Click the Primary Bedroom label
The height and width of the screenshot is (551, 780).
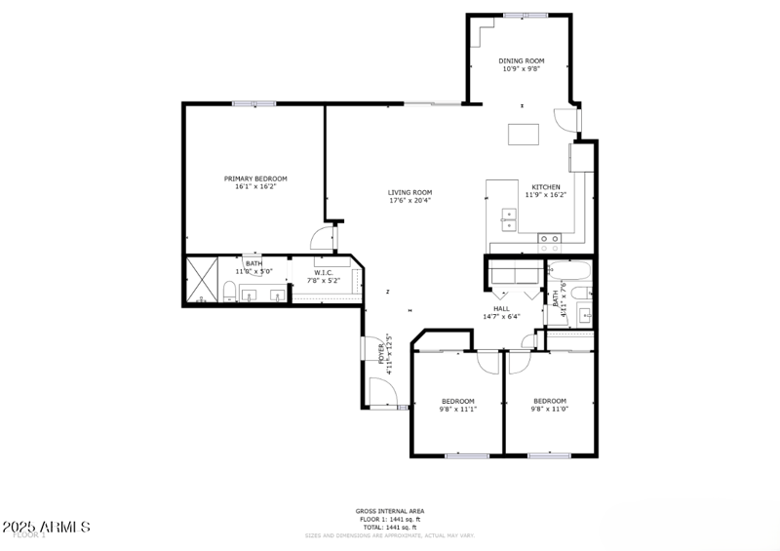(x=255, y=178)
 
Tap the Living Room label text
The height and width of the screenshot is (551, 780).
(x=409, y=192)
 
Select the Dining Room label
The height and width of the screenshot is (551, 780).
(x=522, y=60)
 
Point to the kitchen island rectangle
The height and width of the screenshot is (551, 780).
(x=523, y=135)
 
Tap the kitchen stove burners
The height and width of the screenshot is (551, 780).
(x=550, y=237)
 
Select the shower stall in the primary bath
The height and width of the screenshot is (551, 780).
(x=203, y=280)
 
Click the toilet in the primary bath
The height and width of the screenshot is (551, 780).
(x=227, y=292)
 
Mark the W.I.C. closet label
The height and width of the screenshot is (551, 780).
(x=324, y=273)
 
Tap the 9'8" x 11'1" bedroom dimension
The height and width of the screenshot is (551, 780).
(x=457, y=410)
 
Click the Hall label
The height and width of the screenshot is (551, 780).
(x=500, y=308)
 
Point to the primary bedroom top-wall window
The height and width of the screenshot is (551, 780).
(x=253, y=102)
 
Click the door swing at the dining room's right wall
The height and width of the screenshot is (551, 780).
(x=567, y=120)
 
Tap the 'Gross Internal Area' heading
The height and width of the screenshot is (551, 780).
(x=389, y=511)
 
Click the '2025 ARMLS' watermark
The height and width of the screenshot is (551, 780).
(x=47, y=527)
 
